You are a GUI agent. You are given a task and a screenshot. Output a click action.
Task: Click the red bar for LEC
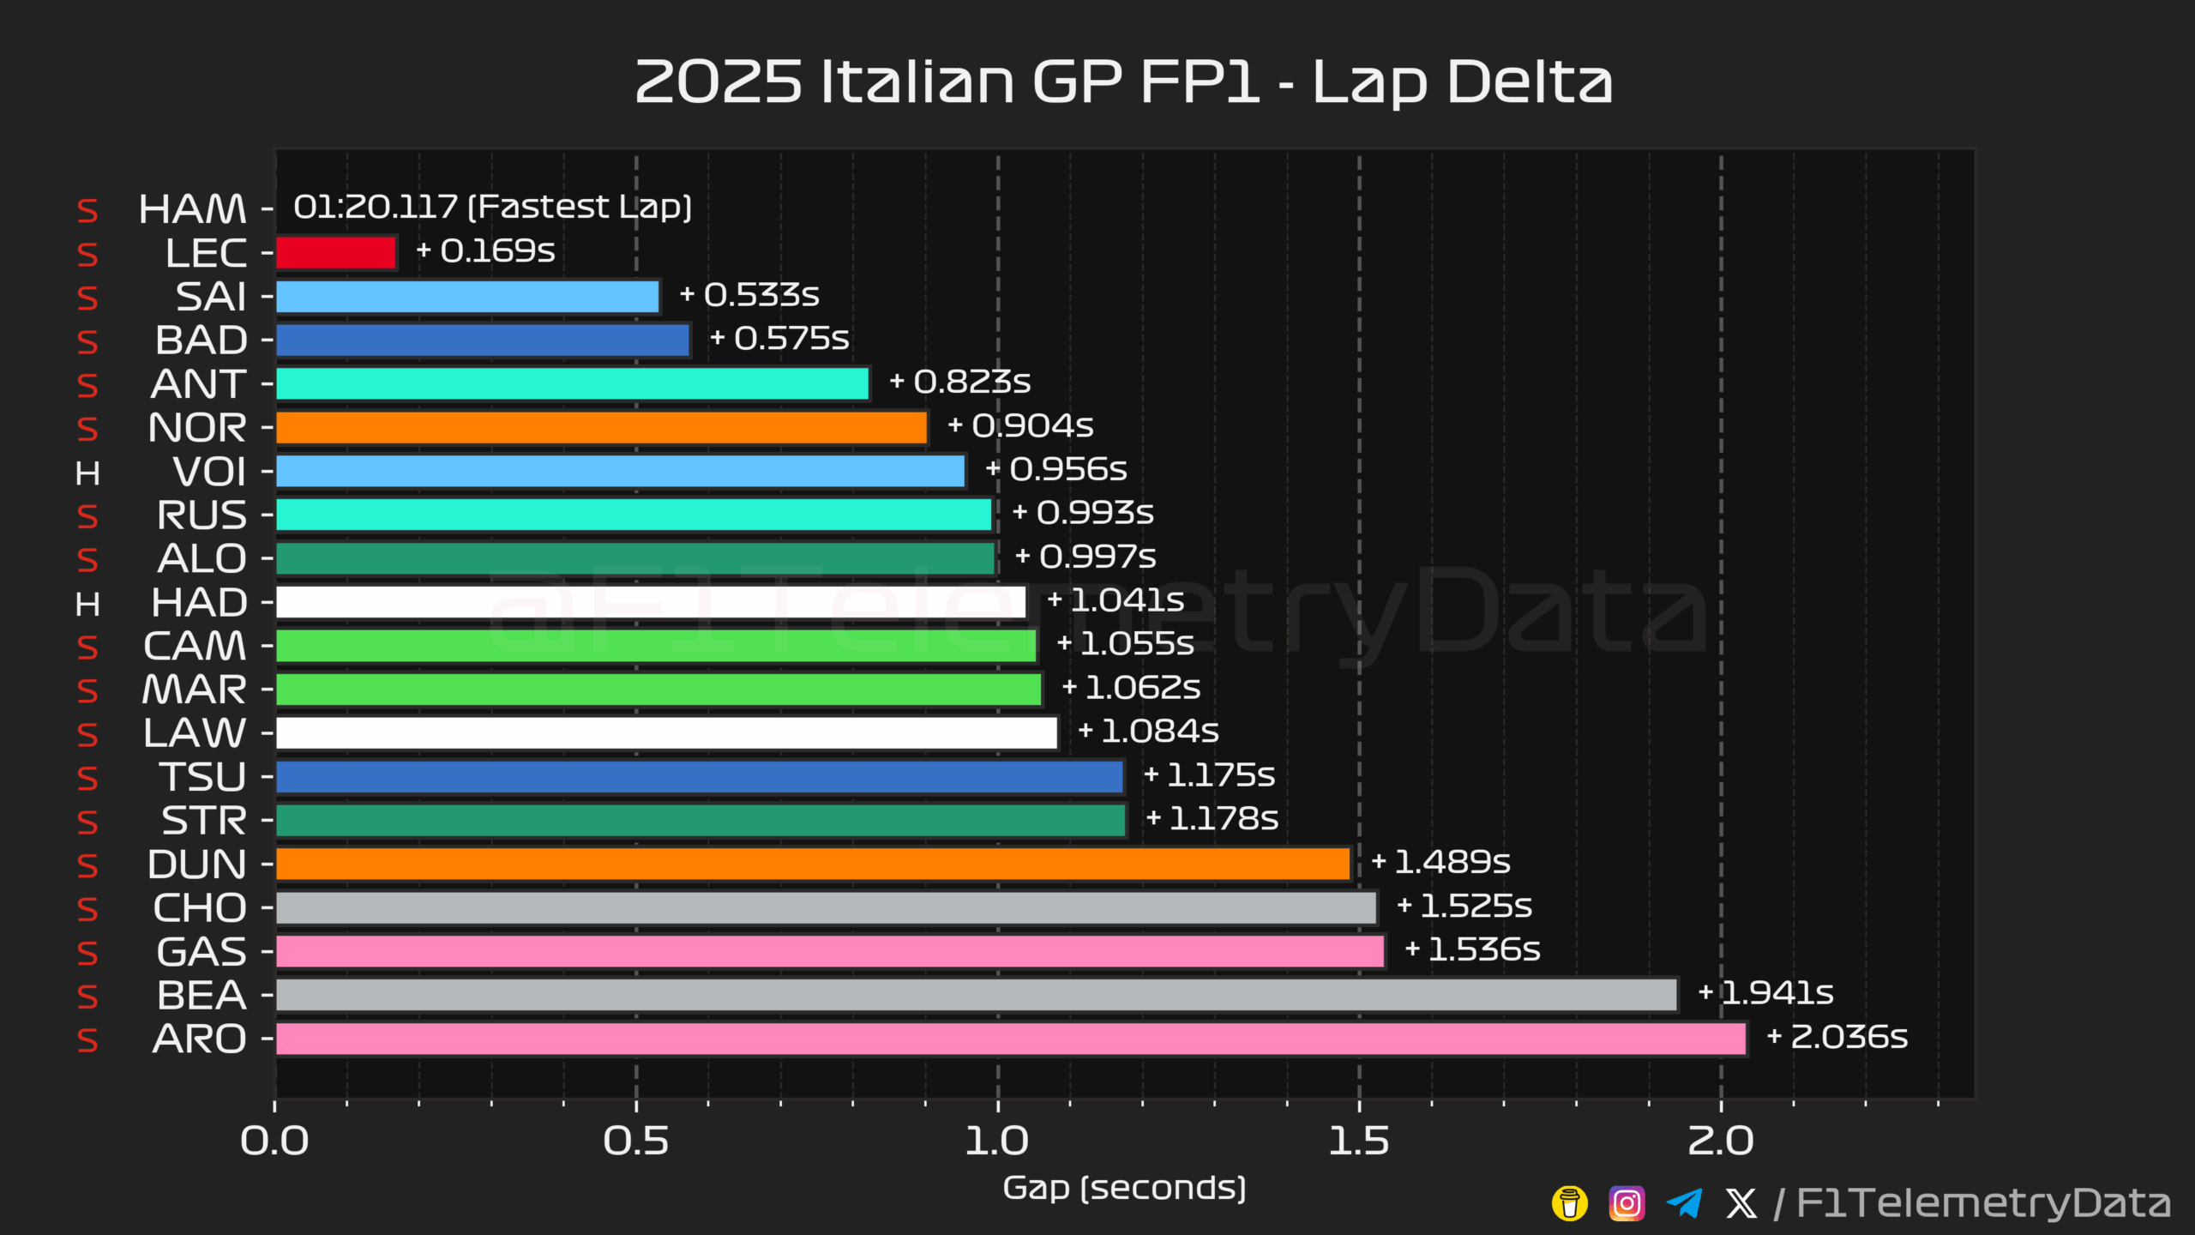(335, 253)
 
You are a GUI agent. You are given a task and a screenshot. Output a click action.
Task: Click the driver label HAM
(192, 209)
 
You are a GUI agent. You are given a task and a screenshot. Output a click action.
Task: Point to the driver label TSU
(203, 777)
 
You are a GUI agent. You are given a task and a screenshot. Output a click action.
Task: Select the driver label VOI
(209, 472)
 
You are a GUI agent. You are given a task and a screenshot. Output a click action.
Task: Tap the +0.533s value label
(749, 295)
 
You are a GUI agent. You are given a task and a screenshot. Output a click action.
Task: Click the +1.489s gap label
(1440, 862)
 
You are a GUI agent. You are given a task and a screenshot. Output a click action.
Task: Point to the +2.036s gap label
(1837, 1037)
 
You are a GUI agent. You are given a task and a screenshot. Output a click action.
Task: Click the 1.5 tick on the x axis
(1358, 1142)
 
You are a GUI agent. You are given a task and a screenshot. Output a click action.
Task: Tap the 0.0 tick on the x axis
(274, 1142)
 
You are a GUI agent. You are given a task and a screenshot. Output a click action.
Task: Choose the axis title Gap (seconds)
(1124, 1188)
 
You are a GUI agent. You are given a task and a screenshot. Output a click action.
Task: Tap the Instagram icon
(1627, 1203)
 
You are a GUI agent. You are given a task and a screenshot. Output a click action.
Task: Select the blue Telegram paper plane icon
(1684, 1203)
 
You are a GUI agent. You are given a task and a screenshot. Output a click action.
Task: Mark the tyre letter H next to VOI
(87, 473)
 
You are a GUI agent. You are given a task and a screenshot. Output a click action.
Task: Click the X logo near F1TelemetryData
(1741, 1203)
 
